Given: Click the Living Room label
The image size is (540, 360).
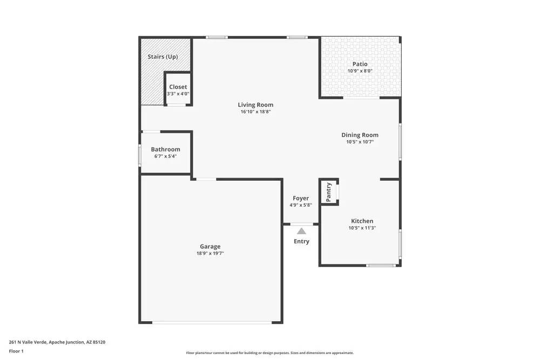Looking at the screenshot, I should [x=255, y=105].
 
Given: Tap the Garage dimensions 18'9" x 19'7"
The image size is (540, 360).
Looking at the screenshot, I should [x=210, y=253].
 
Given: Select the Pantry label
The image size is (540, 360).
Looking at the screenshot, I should [x=329, y=192].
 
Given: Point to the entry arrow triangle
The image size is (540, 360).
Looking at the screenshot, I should [x=301, y=230].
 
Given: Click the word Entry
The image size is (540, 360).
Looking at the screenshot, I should [x=301, y=241].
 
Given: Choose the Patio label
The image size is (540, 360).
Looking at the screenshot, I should [x=360, y=64].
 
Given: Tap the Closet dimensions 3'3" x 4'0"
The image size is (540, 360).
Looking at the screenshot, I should [x=178, y=94].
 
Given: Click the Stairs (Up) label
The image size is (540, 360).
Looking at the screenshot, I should [x=163, y=57].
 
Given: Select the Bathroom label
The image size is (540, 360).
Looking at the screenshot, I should [x=165, y=150].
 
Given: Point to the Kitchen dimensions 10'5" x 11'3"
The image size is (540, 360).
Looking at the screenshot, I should [x=362, y=228].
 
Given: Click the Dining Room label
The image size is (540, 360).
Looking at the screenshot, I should [x=360, y=135].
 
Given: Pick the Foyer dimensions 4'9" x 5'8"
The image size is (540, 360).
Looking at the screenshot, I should [x=301, y=205].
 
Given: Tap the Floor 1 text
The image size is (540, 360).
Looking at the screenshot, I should [x=16, y=351].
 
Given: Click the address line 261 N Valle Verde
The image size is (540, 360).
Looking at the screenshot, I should [x=57, y=342].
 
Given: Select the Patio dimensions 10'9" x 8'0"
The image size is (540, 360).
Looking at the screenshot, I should [x=360, y=71].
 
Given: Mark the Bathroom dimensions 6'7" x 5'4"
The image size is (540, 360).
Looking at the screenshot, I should [x=165, y=156].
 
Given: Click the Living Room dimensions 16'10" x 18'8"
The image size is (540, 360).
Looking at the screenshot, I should [x=255, y=112].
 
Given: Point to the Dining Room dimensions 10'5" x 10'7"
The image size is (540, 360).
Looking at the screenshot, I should [x=360, y=142].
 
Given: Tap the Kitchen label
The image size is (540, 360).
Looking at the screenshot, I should [x=362, y=221].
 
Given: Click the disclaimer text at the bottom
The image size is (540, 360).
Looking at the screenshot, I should [x=270, y=353].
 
